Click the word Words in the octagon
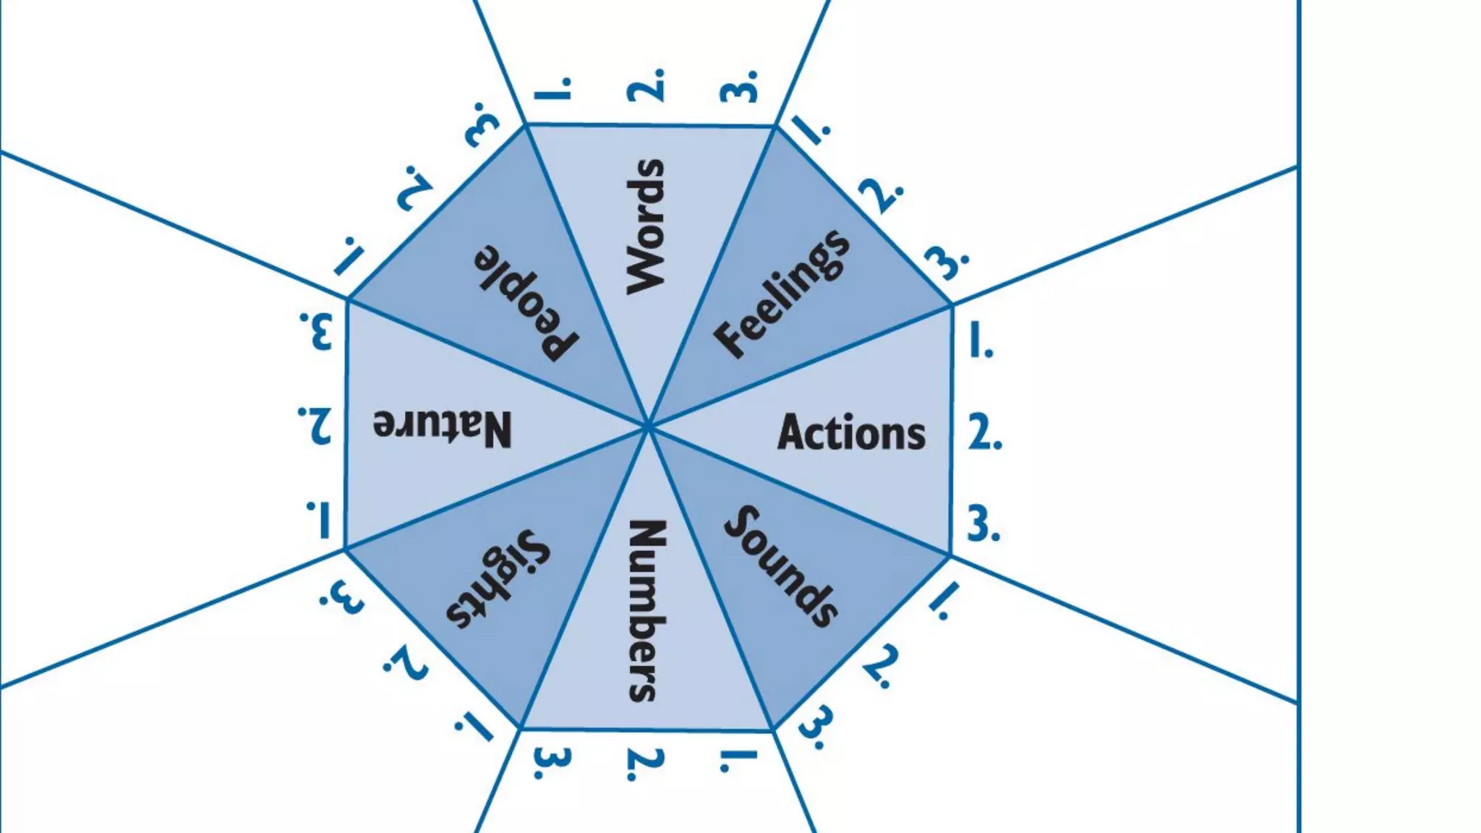click(x=644, y=226)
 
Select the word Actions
click(x=851, y=432)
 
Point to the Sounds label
click(x=782, y=565)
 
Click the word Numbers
click(x=646, y=611)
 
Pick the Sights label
click(x=498, y=578)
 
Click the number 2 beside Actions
click(x=985, y=434)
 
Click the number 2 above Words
click(x=646, y=86)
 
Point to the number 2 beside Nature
click(x=315, y=425)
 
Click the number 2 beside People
click(x=415, y=188)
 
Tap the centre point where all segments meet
click(x=648, y=427)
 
